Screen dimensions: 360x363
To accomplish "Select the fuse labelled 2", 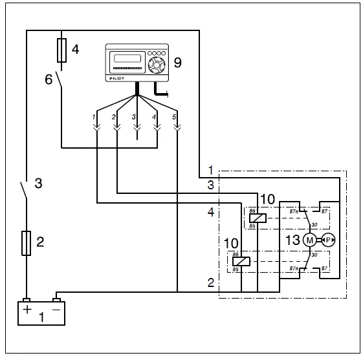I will (x=26, y=243).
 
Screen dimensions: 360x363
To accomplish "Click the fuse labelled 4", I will (x=61, y=49).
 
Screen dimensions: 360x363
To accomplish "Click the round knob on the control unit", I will (x=155, y=65).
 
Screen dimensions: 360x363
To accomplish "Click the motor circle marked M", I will (x=309, y=240).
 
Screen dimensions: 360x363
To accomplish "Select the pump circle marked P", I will (x=328, y=240).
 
